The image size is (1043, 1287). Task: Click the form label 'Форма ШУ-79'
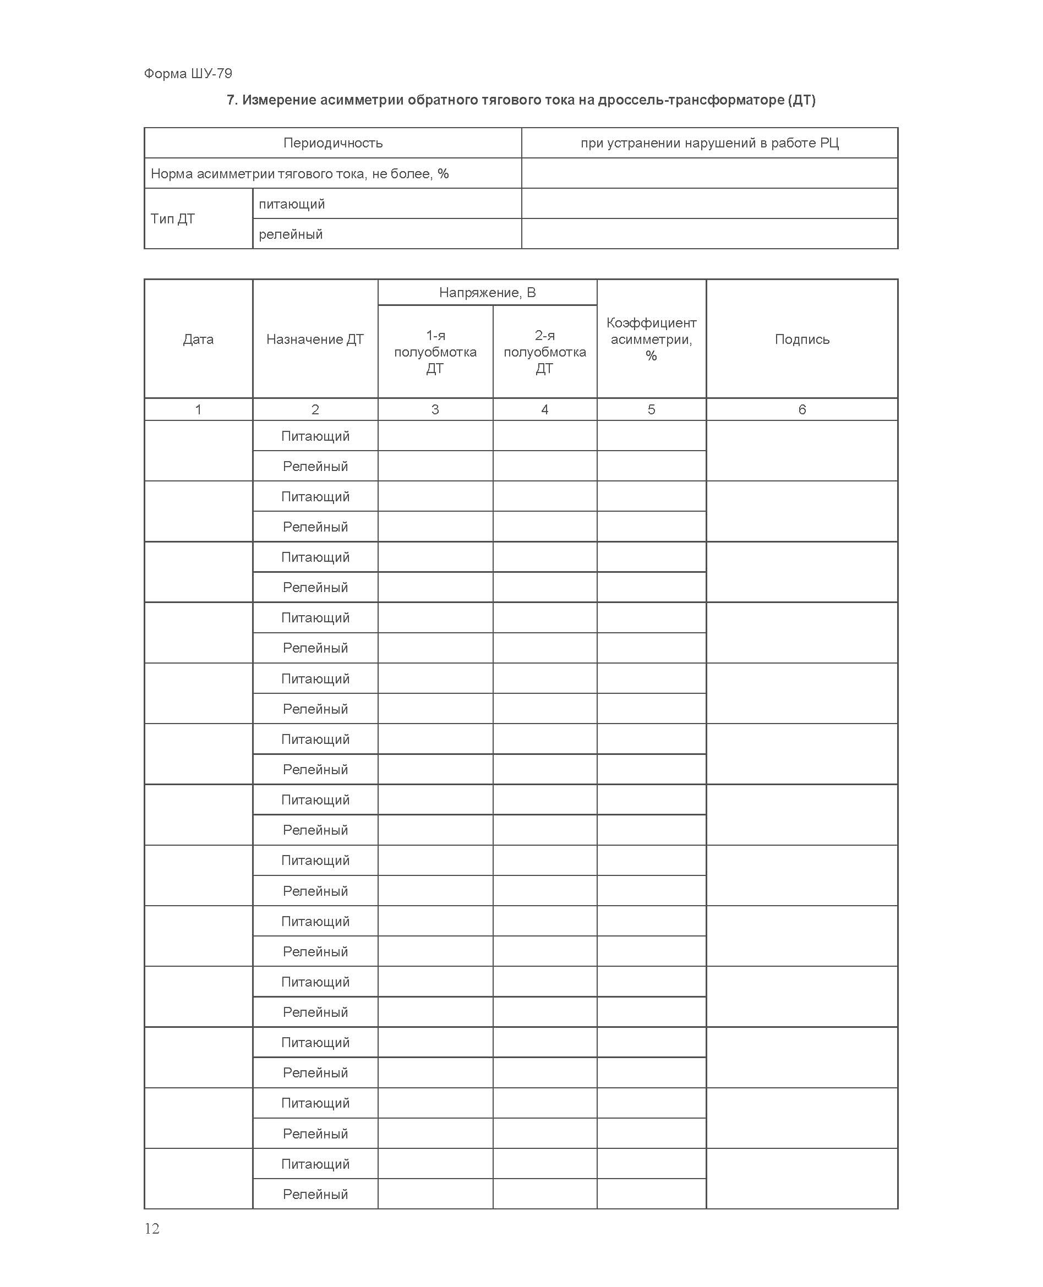point(188,73)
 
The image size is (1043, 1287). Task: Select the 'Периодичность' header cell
point(332,143)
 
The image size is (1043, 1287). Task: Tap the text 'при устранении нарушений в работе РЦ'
point(709,143)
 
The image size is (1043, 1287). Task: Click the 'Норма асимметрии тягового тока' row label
point(299,173)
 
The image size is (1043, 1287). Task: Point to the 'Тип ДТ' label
point(172,218)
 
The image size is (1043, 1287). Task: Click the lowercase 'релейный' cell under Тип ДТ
point(290,234)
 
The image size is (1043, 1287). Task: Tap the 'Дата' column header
point(198,339)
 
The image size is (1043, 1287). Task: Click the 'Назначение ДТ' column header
point(315,339)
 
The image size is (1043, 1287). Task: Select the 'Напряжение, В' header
point(487,293)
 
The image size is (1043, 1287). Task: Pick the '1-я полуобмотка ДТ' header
point(435,352)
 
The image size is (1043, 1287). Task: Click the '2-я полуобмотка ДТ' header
point(544,352)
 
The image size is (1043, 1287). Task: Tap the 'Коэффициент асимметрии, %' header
point(651,339)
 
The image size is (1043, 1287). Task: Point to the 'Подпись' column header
point(801,339)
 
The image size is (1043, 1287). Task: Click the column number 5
point(651,409)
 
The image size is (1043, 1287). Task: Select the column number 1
point(198,409)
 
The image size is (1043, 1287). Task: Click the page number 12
point(152,1228)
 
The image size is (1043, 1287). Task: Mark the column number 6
point(801,409)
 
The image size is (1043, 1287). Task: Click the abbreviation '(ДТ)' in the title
point(801,100)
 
